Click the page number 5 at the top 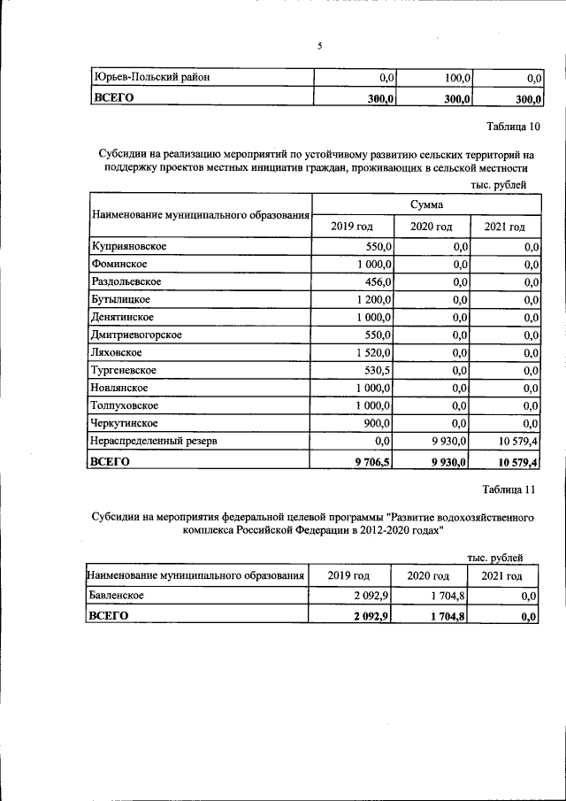[x=319, y=47]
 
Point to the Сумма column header [x=426, y=204]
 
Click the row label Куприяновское [x=129, y=245]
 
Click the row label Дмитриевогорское [x=137, y=335]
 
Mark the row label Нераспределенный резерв [x=155, y=441]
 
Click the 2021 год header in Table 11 [x=501, y=575]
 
